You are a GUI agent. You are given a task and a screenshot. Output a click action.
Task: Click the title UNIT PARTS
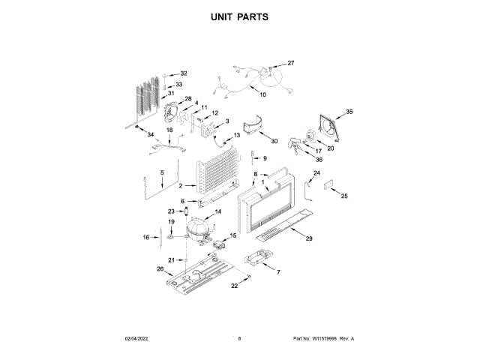(240, 16)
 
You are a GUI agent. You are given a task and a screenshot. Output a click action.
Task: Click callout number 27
(291, 63)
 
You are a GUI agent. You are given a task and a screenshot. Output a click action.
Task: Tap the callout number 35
(349, 112)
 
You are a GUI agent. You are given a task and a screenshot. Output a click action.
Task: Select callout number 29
(308, 238)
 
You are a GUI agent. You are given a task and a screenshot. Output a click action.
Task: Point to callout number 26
(160, 269)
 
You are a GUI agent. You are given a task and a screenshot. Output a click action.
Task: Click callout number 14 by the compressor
(218, 212)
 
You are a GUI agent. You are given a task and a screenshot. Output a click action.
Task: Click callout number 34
(150, 135)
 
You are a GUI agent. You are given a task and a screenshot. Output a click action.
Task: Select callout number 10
(262, 94)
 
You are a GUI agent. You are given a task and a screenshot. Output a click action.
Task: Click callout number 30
(274, 141)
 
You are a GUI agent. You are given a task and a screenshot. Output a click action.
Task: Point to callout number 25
(344, 196)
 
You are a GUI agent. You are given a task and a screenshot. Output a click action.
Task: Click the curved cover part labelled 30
(253, 126)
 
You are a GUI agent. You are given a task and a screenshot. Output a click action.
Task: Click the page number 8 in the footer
(239, 339)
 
